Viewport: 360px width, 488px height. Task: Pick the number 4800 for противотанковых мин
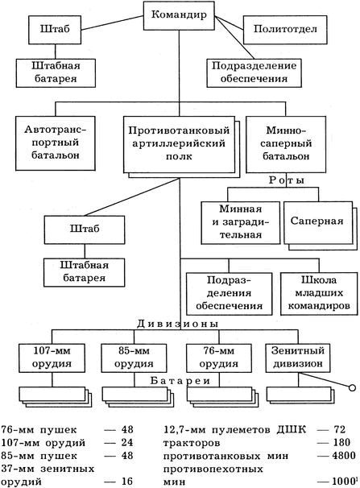(x=342, y=455)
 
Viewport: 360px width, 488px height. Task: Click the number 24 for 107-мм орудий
(x=126, y=442)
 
